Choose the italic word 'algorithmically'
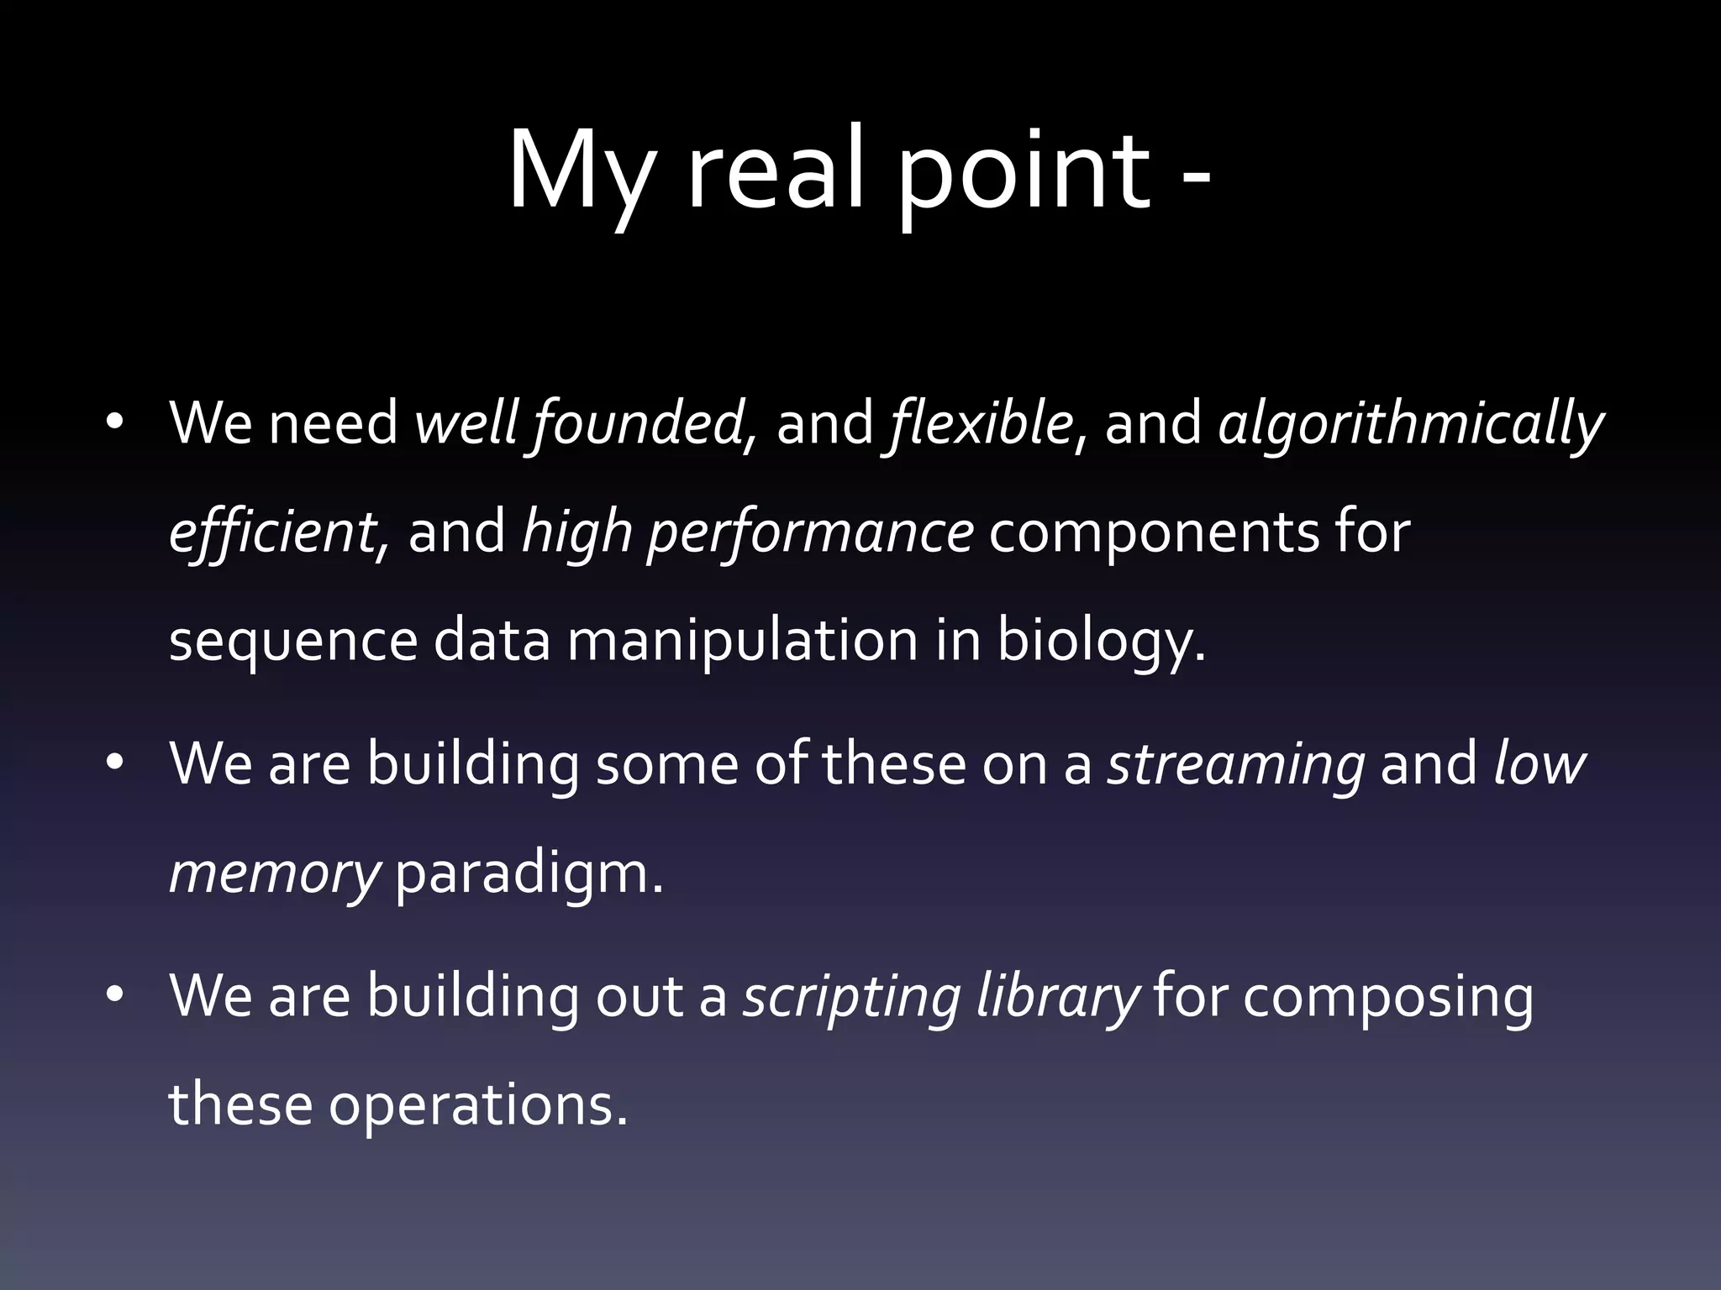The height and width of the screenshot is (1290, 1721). [1411, 424]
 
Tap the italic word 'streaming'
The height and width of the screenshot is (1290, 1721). [1236, 764]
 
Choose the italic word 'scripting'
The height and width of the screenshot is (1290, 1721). [851, 998]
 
